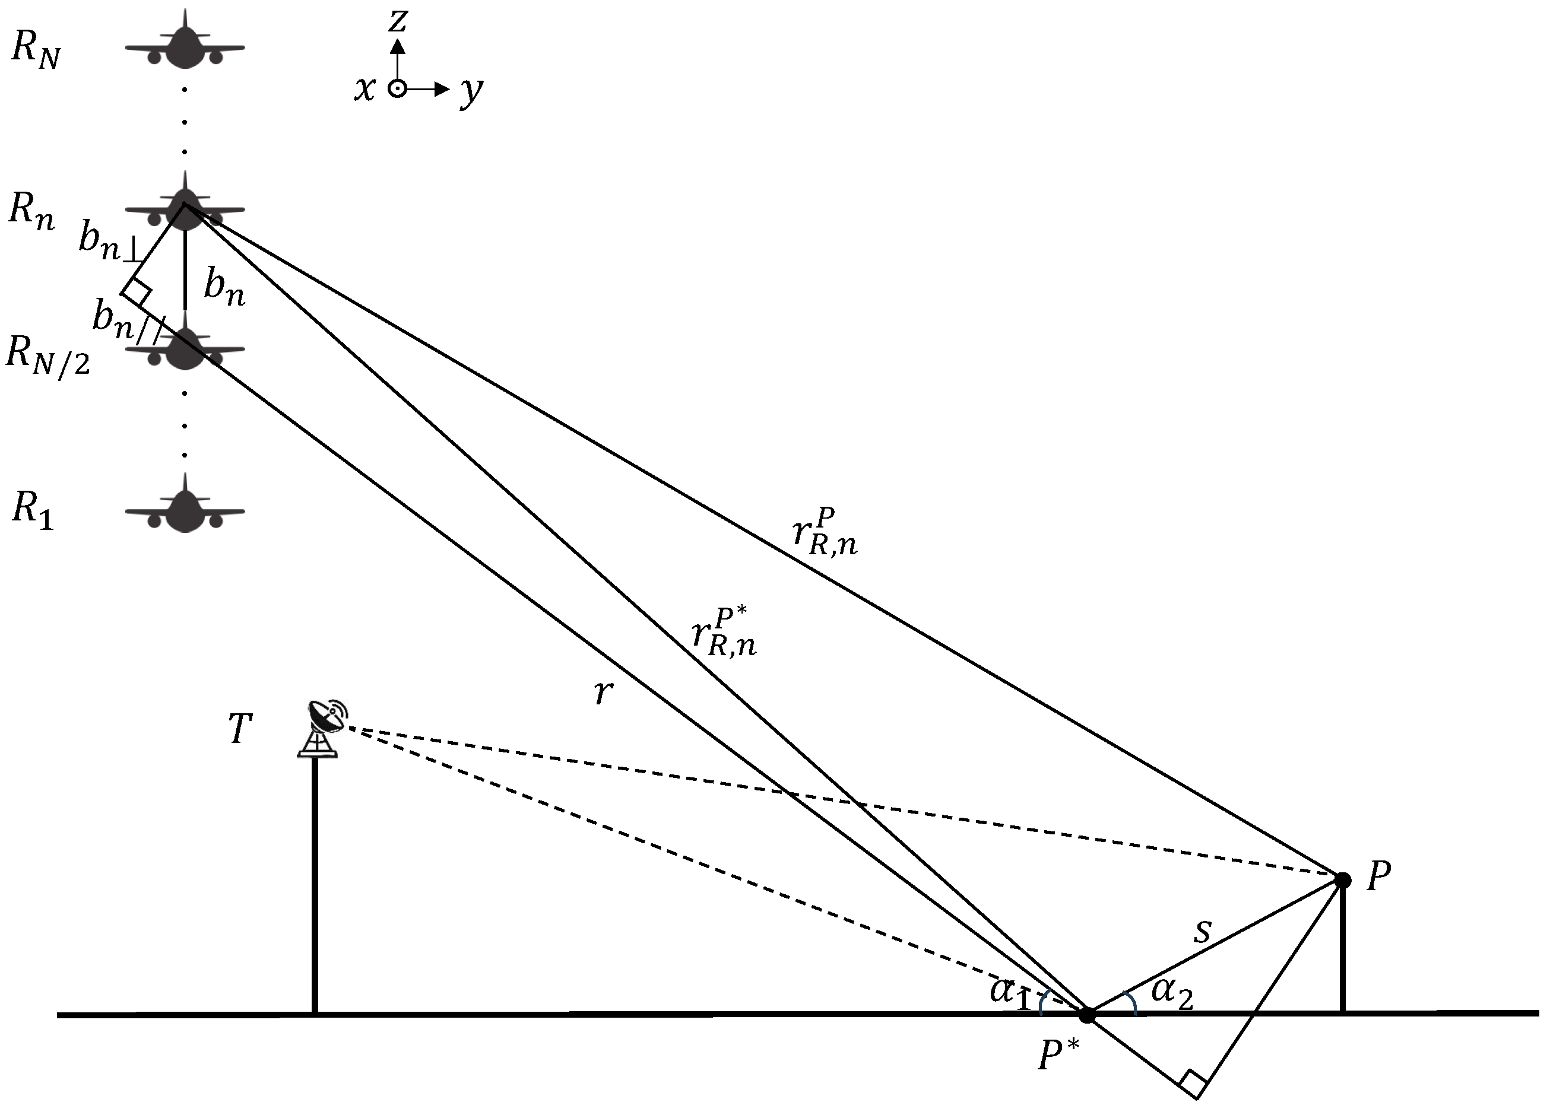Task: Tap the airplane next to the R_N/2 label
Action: coord(185,348)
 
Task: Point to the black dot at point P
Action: coord(1343,880)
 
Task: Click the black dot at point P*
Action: coord(1086,1015)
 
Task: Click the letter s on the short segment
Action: coord(1202,931)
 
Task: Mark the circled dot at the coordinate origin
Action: coord(397,89)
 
